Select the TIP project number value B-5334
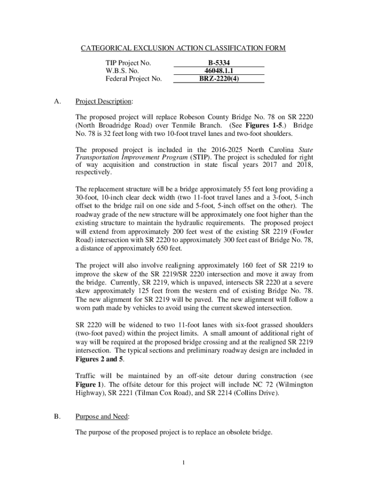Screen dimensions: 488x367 (x=218, y=62)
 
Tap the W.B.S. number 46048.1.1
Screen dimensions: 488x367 (x=218, y=71)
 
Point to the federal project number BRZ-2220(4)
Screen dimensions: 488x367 (x=218, y=79)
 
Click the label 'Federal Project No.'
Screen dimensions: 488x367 (x=133, y=79)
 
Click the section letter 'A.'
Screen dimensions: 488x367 (x=58, y=102)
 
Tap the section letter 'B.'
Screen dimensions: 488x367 (x=57, y=417)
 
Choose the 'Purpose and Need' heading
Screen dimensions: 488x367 (x=102, y=417)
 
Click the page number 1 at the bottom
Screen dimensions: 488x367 (x=183, y=462)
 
